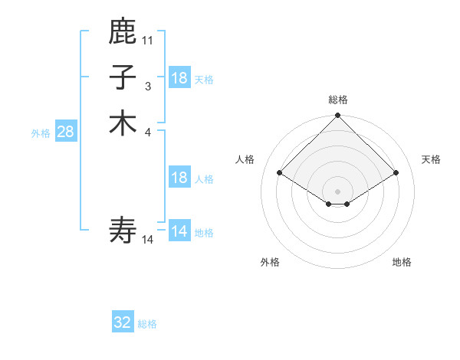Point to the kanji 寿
(x=123, y=229)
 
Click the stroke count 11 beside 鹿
(x=148, y=40)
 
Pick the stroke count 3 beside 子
(x=148, y=86)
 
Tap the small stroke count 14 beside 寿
(x=148, y=240)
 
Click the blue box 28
(x=65, y=132)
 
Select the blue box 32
(x=123, y=323)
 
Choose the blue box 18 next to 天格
(x=179, y=78)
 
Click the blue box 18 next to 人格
(x=179, y=178)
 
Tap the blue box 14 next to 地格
(x=179, y=231)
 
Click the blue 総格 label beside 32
(x=147, y=324)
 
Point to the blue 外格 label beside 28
(x=41, y=133)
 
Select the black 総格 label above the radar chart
(x=338, y=100)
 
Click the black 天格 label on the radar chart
(x=432, y=159)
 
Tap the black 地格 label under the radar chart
(x=402, y=262)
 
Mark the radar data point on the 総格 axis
(x=338, y=116)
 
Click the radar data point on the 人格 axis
(x=280, y=173)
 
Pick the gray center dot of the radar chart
(x=338, y=191)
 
